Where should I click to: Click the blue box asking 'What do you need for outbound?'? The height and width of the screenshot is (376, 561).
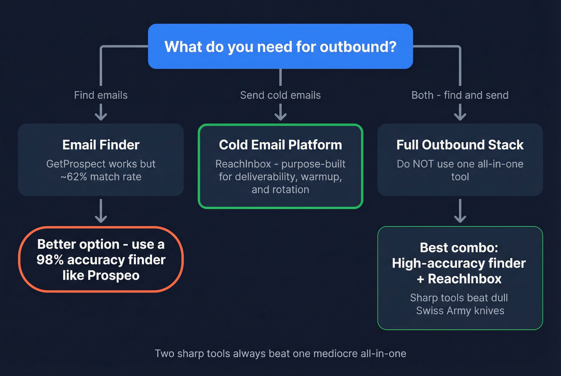click(x=280, y=46)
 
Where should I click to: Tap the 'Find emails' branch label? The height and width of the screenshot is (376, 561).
click(x=101, y=95)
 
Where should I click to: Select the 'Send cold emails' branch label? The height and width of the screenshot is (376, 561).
click(x=280, y=95)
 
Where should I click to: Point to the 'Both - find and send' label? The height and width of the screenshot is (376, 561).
click(x=460, y=95)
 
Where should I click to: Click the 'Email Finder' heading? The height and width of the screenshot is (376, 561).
click(x=101, y=145)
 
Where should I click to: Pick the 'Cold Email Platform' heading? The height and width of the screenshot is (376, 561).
click(x=280, y=145)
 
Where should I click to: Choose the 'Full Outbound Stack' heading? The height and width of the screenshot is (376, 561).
click(x=460, y=145)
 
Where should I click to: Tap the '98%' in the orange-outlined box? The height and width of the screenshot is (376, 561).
click(x=50, y=260)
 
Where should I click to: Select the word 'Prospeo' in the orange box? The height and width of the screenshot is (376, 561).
click(x=113, y=275)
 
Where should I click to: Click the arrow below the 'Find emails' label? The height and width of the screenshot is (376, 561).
click(x=101, y=112)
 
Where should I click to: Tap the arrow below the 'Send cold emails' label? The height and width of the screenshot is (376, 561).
click(x=280, y=112)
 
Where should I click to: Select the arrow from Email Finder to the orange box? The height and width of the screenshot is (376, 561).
click(x=101, y=211)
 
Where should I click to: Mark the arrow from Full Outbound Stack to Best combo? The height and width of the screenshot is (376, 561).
click(x=460, y=211)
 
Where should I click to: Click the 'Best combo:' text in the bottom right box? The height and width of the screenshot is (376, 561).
click(x=459, y=247)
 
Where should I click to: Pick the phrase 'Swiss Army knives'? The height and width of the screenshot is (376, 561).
click(x=460, y=311)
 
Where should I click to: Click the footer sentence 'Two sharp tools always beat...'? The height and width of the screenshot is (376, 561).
click(x=280, y=354)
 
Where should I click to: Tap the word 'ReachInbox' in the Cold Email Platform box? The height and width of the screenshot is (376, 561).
click(x=243, y=164)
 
